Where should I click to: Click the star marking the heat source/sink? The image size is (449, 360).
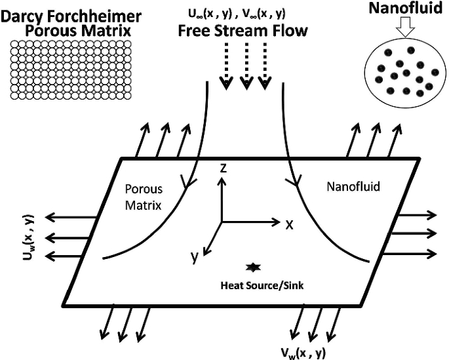point(253,267)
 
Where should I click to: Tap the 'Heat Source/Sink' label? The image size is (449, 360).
point(262,285)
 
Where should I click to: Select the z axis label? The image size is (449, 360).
point(223,169)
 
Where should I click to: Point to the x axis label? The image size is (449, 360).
point(290,225)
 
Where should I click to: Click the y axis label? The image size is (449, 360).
point(195,257)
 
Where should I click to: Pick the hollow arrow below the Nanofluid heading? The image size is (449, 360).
point(405,27)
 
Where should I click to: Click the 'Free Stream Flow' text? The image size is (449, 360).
point(243,31)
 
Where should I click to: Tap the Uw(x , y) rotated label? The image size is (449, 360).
point(28,237)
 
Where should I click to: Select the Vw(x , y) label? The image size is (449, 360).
point(303,353)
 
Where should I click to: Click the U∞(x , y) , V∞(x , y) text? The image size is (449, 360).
point(237,14)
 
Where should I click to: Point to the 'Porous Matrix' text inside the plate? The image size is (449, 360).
point(144,197)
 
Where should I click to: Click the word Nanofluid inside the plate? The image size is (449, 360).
point(353,186)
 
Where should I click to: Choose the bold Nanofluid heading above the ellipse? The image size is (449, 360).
point(406,8)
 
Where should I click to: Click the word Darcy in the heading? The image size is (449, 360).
point(22,17)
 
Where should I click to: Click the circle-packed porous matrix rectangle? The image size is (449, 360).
point(71,70)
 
